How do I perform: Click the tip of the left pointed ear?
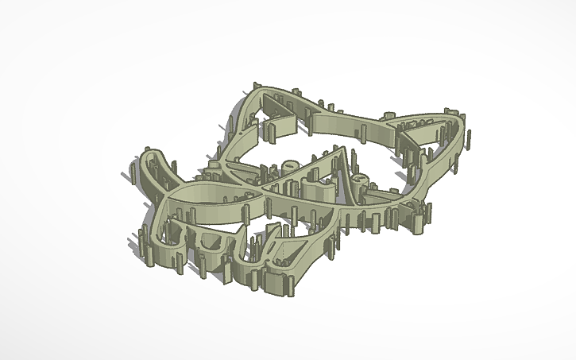[x=256, y=84]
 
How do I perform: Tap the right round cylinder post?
[x=360, y=181]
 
